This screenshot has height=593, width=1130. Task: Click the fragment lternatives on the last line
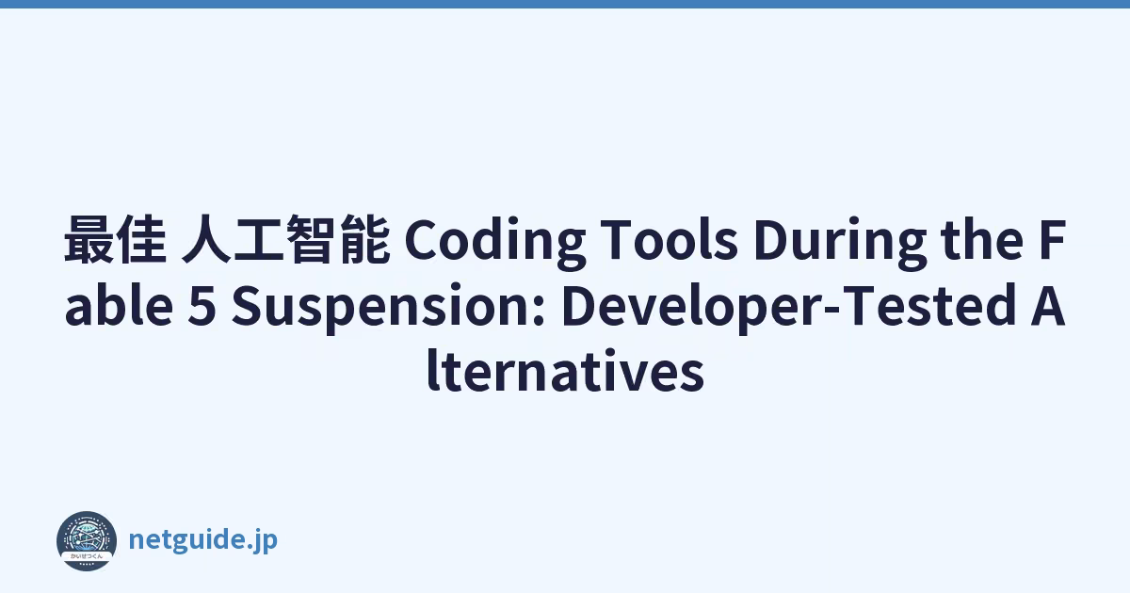click(x=566, y=372)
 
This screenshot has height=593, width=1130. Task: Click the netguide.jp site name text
click(x=203, y=540)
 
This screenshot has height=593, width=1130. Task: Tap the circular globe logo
click(x=87, y=541)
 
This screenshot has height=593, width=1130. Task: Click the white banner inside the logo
click(x=87, y=556)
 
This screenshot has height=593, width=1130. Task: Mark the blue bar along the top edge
click(x=565, y=4)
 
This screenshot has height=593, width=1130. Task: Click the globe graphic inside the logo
click(x=87, y=536)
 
